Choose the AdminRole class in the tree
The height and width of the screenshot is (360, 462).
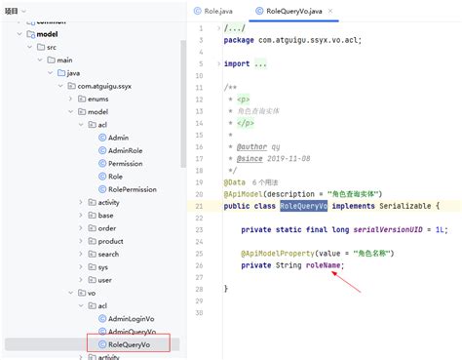point(127,150)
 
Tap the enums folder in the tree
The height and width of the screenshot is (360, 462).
point(98,99)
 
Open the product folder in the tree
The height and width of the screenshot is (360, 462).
point(110,241)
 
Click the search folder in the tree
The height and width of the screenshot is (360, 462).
point(108,254)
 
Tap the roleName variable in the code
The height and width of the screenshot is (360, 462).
point(324,265)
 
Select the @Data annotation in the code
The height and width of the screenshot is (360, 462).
point(234,182)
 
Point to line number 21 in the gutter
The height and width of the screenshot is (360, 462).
point(199,206)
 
